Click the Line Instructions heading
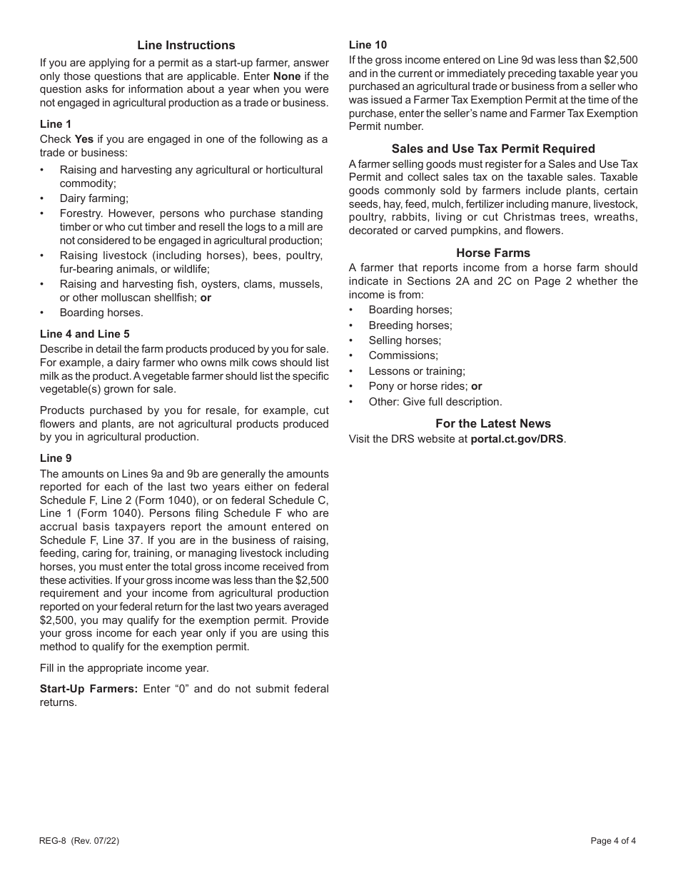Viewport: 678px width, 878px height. pos(186,46)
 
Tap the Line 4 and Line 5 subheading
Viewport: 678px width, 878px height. pos(84,334)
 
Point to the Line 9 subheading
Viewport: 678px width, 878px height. pos(56,458)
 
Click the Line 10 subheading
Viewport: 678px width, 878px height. pos(368,45)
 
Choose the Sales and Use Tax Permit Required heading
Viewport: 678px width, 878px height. pos(493,149)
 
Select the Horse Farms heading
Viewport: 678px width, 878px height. pos(493,253)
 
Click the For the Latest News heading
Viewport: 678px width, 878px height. pos(493,423)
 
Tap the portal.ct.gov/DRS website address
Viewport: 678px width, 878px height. pos(517,439)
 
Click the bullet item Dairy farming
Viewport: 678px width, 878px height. pos(93,198)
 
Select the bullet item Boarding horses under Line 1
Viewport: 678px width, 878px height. pos(101,313)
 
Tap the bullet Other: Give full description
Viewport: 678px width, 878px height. pos(435,402)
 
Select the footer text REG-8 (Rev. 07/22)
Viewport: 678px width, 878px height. pos(79,841)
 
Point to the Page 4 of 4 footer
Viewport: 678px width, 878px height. pos(612,841)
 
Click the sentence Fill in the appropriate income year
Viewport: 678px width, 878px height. pos(124,668)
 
